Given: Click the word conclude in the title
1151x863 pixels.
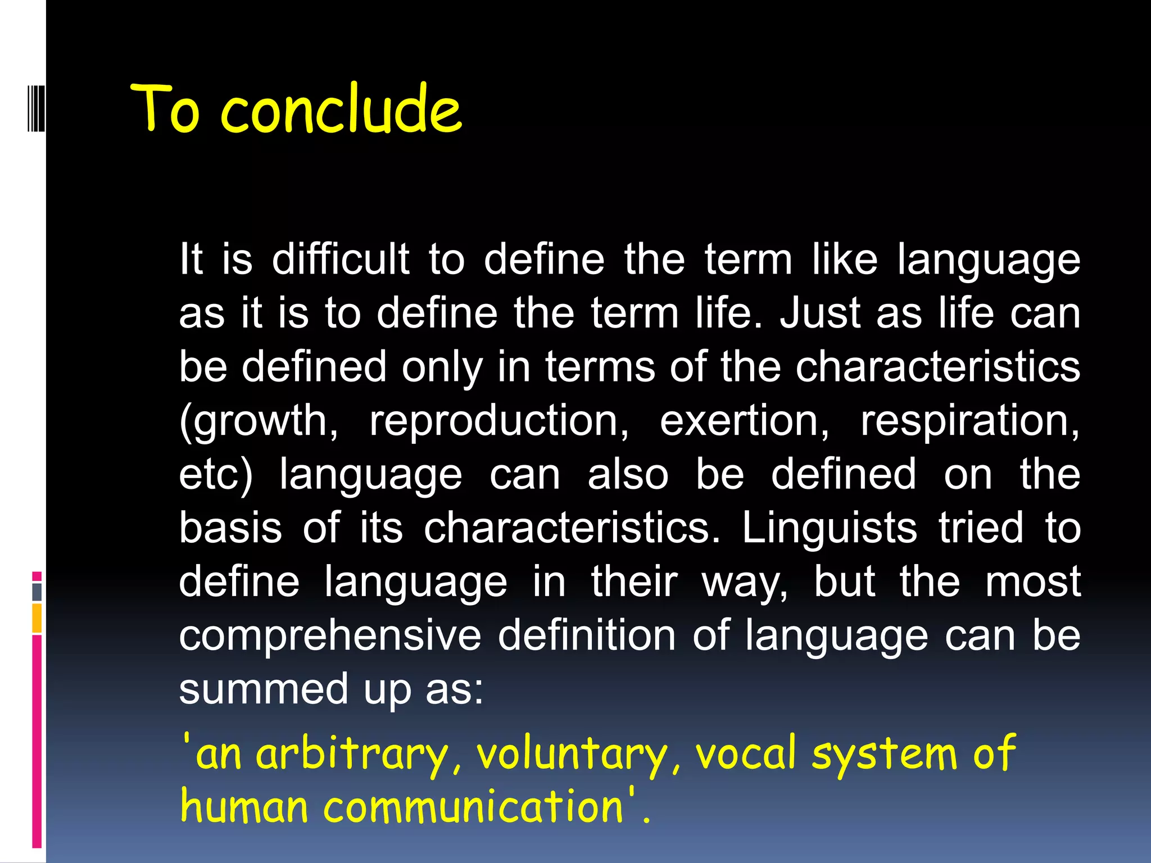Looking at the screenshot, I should coord(341,110).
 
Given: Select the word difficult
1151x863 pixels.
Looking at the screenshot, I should coord(341,260).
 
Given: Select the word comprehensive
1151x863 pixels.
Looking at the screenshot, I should coord(330,636).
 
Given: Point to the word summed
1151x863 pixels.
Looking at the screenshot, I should coord(264,689).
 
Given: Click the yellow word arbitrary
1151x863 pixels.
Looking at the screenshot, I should coord(353,754).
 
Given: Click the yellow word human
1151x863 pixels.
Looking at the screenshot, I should coord(244,807).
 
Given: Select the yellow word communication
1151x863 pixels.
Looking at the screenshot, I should coord(473,807).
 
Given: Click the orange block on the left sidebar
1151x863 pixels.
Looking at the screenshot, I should coord(37,618).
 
